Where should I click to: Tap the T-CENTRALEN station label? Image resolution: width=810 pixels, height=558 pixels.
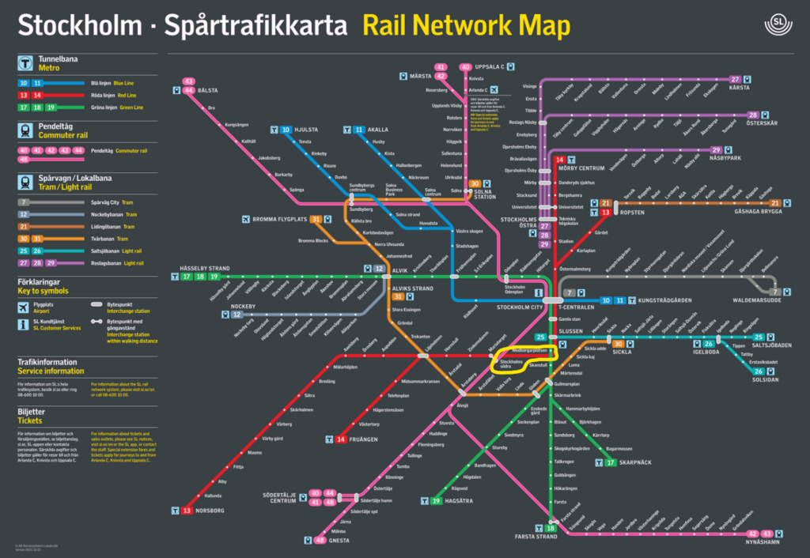(x=579, y=306)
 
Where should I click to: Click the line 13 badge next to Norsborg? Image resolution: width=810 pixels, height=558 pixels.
(x=187, y=511)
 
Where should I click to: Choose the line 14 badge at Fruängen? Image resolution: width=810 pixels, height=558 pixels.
(x=341, y=439)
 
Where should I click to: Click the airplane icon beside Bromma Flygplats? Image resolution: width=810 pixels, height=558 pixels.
(x=245, y=219)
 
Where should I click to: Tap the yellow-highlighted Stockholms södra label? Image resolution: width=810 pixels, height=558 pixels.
(x=512, y=364)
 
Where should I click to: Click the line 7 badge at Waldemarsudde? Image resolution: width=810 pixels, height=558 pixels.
(x=775, y=292)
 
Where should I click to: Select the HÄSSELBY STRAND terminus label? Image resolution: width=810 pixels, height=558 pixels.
(x=204, y=269)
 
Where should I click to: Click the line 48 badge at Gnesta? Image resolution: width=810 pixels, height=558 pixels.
(x=320, y=541)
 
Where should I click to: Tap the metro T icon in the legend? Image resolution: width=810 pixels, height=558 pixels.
(x=28, y=63)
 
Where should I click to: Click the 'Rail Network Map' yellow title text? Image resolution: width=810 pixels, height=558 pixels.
(x=466, y=25)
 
